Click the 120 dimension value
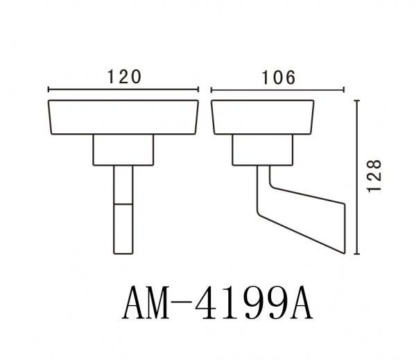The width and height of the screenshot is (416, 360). [124, 77]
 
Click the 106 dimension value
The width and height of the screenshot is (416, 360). [278, 78]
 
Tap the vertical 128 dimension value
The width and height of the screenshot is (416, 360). [374, 175]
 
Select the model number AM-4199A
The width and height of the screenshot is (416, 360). [218, 303]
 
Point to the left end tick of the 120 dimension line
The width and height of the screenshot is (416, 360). [49, 89]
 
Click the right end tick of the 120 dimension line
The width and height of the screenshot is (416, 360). [198, 89]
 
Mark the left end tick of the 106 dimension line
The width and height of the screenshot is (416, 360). [211, 89]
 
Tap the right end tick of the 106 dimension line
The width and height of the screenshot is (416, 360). [344, 89]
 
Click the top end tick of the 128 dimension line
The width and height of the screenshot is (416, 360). [357, 101]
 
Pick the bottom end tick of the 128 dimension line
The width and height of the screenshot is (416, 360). [357, 254]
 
